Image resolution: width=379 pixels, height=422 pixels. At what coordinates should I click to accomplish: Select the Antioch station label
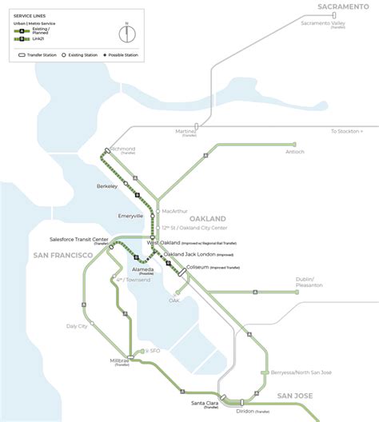(x=293, y=151)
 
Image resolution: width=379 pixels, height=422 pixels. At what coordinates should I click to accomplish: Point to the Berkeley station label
(x=107, y=185)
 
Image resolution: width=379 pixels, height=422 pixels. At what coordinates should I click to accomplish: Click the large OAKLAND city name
(x=208, y=218)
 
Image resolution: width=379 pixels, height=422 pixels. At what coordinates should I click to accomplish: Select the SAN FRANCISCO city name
(x=58, y=254)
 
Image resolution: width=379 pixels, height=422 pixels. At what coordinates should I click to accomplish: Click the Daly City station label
(x=76, y=326)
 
